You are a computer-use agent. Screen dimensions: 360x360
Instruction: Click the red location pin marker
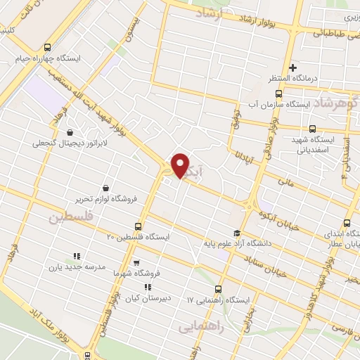pos(180,165)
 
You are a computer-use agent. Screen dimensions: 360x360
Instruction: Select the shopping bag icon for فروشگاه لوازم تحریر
pos(105,188)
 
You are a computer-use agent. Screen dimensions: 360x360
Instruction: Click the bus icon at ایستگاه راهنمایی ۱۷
pos(217,289)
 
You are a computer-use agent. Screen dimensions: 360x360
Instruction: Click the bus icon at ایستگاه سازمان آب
pos(278,94)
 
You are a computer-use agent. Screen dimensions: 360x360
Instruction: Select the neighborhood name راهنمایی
pos(203,328)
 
